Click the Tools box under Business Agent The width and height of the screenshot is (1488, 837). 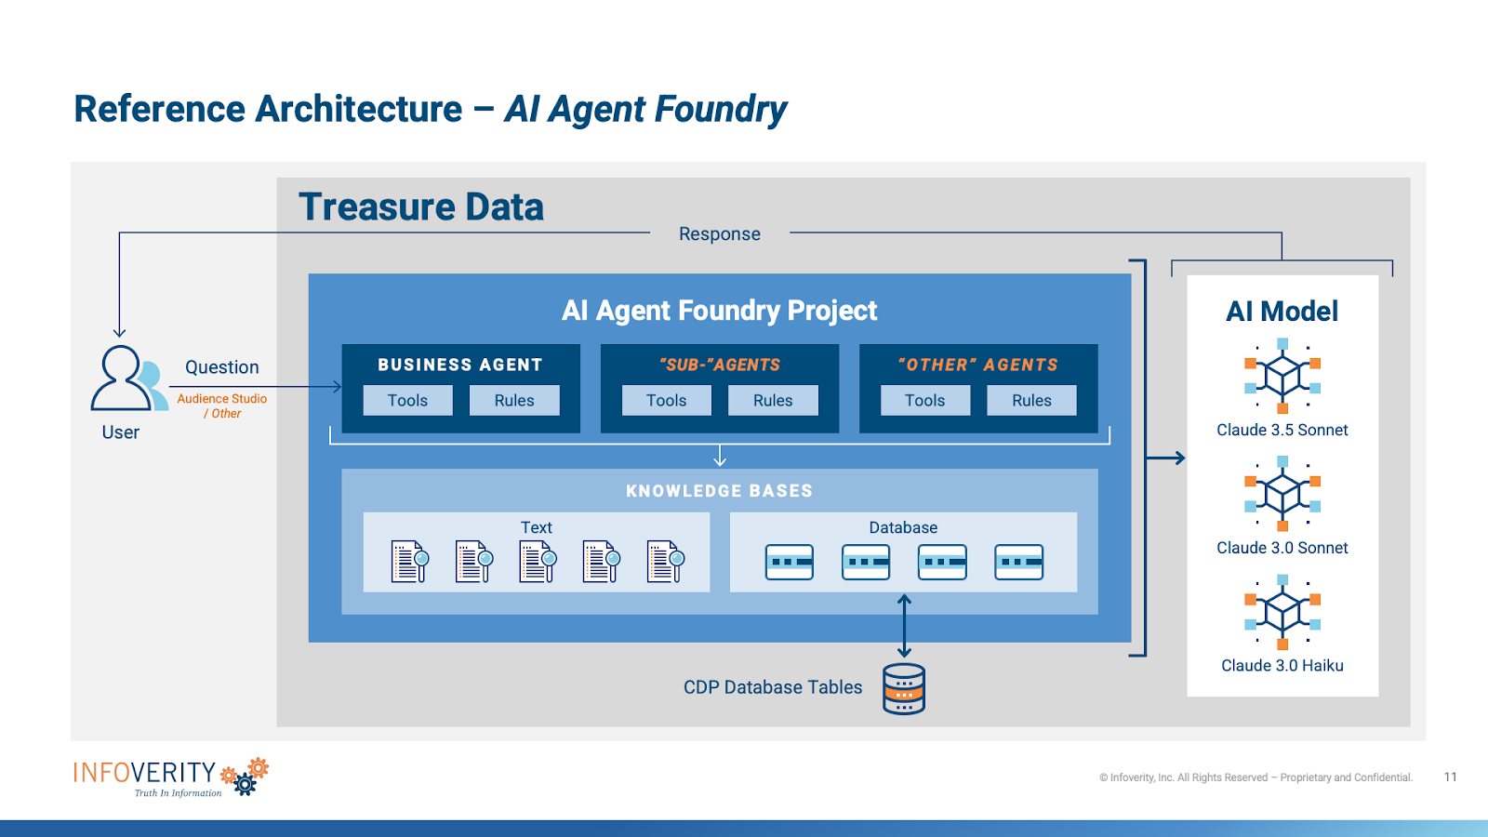tap(407, 400)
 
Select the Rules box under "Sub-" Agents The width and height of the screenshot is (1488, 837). tap(773, 400)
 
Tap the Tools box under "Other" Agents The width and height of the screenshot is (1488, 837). tap(924, 400)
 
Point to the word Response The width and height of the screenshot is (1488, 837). tap(719, 234)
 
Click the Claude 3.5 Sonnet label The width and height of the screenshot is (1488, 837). tap(1282, 430)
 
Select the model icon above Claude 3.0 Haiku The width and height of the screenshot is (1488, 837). tap(1282, 611)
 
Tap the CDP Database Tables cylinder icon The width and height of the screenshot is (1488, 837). tap(903, 689)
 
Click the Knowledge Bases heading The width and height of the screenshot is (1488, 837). tap(719, 491)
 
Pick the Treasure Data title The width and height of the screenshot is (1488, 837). tap(420, 206)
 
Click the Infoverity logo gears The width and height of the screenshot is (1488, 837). tap(246, 777)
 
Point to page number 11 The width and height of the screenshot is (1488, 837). tap(1450, 777)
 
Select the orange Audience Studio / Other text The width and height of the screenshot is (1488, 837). tap(222, 405)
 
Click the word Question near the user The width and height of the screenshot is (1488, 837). tap(221, 367)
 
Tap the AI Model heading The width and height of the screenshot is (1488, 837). tap(1282, 312)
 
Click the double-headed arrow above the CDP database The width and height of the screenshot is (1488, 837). tap(904, 626)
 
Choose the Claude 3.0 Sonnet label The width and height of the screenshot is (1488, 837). tap(1282, 548)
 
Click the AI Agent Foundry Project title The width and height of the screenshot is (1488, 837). tap(719, 311)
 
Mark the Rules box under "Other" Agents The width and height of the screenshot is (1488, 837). tap(1031, 400)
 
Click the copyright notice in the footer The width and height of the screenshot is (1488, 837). tap(1255, 777)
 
